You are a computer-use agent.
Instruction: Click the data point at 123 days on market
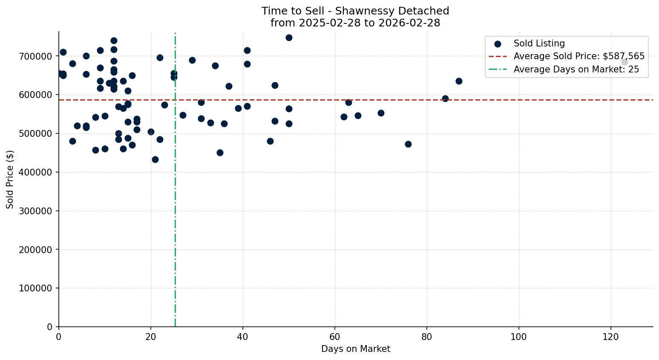[x=624, y=62]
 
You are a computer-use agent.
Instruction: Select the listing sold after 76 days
[x=408, y=144]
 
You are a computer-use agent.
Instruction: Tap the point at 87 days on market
[x=459, y=81]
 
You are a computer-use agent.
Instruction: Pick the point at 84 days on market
[x=445, y=98]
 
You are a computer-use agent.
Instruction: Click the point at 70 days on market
[x=381, y=113]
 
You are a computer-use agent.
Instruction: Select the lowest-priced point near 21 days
[x=155, y=159]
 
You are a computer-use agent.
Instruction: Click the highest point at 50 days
[x=289, y=37]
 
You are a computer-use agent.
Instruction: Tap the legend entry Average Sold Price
[x=579, y=56]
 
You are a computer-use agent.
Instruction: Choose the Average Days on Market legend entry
[x=576, y=69]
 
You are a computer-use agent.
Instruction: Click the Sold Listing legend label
[x=539, y=43]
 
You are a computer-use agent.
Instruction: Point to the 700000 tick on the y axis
[x=36, y=56]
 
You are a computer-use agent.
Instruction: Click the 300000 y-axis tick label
[x=36, y=211]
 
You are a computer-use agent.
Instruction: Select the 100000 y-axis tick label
[x=36, y=288]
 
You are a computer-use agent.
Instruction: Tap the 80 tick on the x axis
[x=427, y=337]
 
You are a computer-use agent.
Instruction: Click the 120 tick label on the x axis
[x=611, y=337]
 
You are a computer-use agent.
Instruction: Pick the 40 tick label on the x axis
[x=243, y=337]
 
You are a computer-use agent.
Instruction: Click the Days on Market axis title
[x=356, y=349]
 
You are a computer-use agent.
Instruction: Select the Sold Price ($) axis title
[x=10, y=179]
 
